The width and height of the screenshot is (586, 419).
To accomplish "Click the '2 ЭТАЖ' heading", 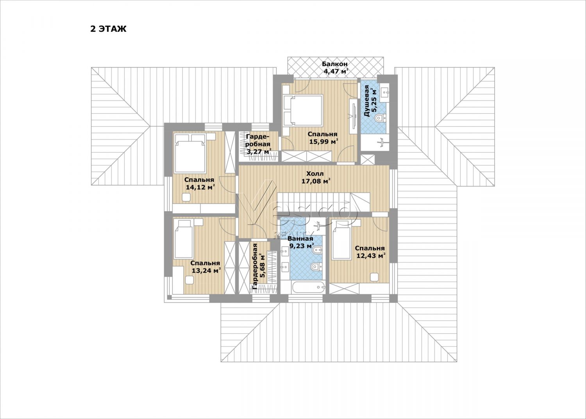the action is point(108,29).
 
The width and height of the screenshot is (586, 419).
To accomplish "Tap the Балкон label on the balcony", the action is point(334,64).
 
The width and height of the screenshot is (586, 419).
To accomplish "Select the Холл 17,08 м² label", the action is point(316,177).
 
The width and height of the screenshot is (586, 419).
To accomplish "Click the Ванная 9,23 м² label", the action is point(300,242).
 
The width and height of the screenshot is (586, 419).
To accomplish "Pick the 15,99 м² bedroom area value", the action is point(323,142).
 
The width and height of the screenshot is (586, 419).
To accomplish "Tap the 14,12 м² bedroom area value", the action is point(200,187).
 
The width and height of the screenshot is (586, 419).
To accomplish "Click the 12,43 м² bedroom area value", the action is point(371,255).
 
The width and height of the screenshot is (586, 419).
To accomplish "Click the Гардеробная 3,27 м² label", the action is point(259,144).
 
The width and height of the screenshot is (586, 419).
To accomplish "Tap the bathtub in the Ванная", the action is point(309,288).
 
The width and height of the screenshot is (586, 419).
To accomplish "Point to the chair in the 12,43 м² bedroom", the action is point(375,277).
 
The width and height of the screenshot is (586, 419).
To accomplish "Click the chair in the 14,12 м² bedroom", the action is point(186,197).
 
